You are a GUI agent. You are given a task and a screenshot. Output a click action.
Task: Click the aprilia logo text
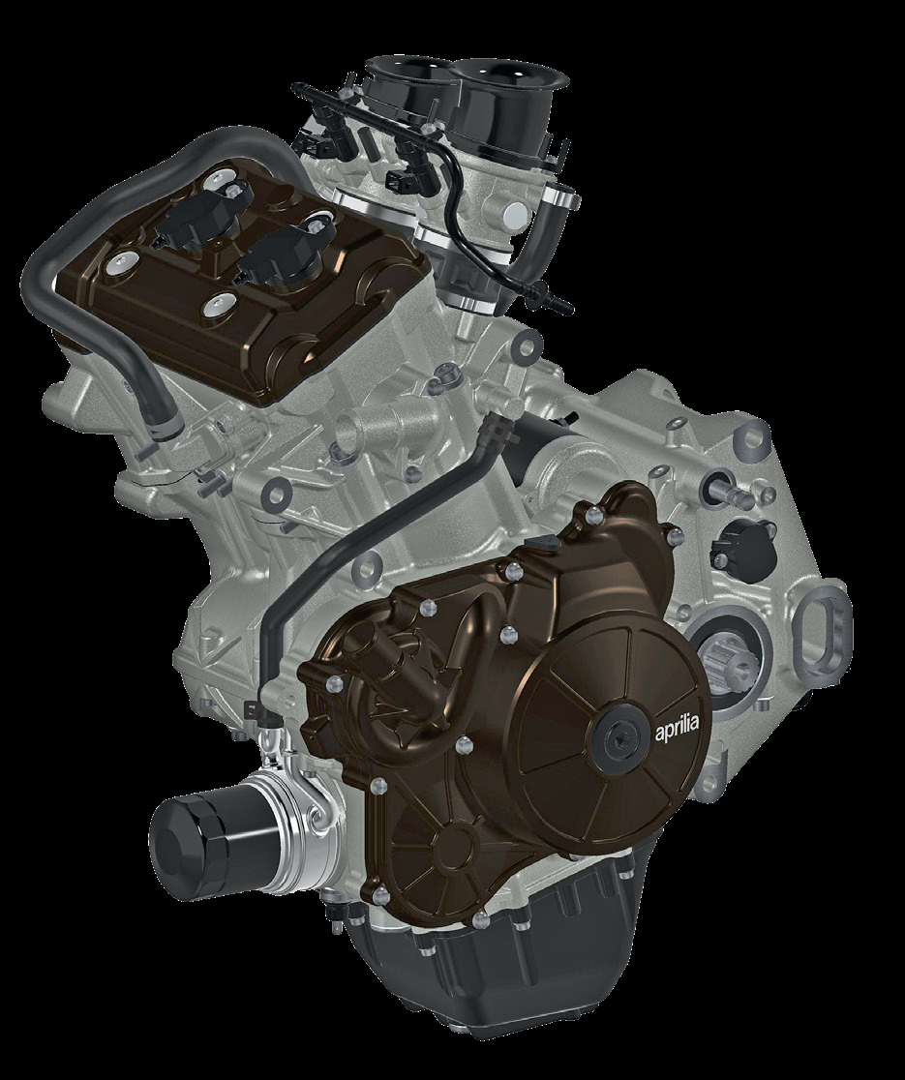click(676, 724)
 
